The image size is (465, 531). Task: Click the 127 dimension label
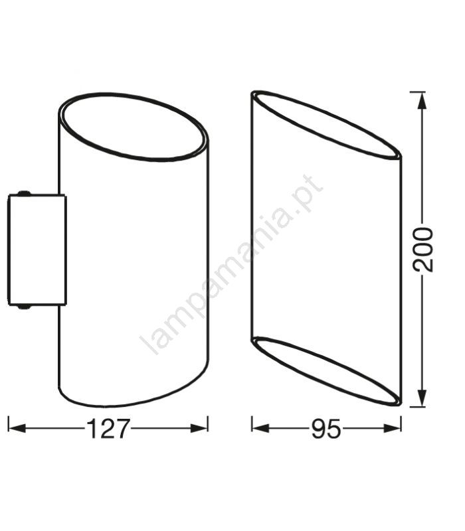click(x=108, y=429)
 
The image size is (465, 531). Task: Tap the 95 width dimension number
click(x=325, y=429)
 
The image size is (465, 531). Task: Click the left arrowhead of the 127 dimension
click(x=17, y=428)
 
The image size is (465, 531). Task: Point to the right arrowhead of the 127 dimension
click(x=199, y=428)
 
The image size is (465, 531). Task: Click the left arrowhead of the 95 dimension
click(x=260, y=428)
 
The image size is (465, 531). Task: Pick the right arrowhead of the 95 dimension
click(x=392, y=428)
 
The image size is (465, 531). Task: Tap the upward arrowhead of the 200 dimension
click(x=421, y=101)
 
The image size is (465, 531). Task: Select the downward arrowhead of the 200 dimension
click(x=421, y=398)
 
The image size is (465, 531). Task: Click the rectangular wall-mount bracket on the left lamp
click(x=37, y=250)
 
